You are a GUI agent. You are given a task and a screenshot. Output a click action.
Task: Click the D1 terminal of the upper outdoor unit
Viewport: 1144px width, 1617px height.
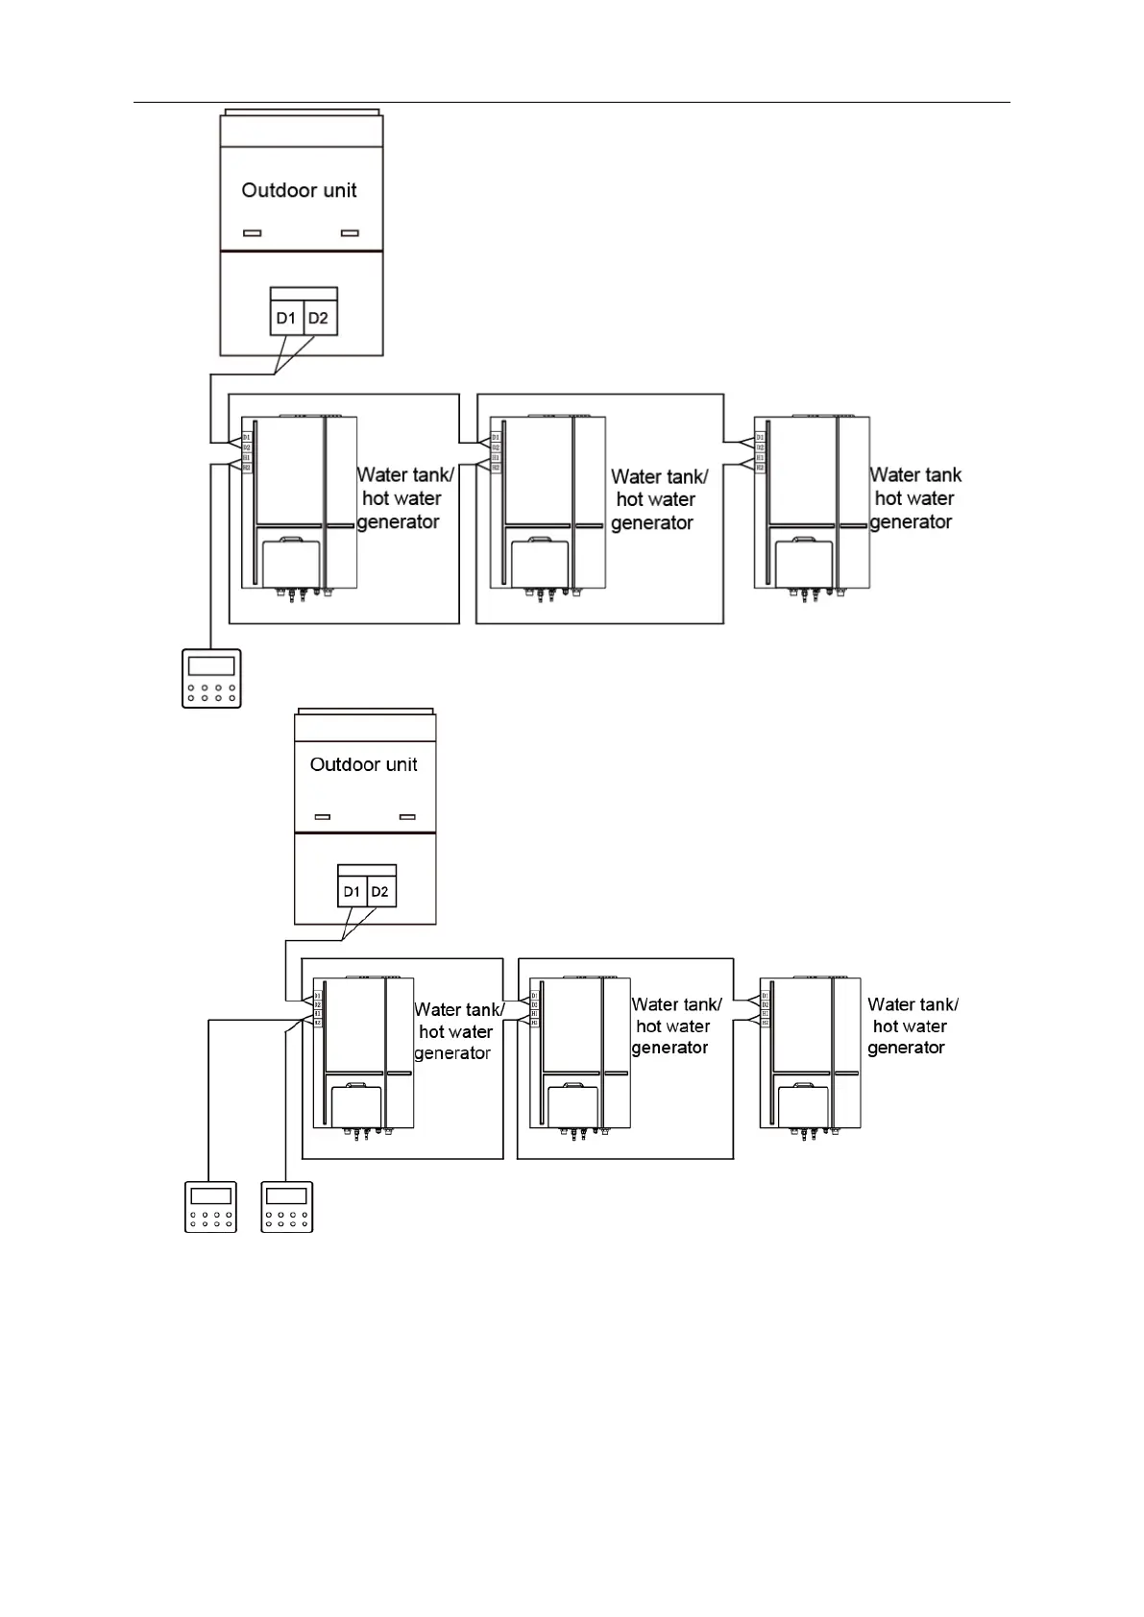click(x=286, y=318)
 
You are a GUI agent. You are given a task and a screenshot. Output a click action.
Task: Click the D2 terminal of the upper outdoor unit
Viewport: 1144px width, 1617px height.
click(x=319, y=318)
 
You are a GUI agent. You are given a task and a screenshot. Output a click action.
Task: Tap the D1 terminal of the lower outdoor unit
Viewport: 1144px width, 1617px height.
click(x=352, y=892)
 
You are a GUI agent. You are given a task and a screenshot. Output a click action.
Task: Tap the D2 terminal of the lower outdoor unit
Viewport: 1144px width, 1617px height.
click(x=380, y=892)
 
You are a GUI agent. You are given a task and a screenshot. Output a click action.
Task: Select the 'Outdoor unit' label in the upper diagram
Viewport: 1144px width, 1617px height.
click(x=299, y=190)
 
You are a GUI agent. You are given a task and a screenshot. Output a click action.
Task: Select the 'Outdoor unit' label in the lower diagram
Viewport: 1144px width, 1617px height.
click(x=363, y=764)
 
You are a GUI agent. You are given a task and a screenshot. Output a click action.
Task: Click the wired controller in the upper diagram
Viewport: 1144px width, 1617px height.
click(x=211, y=679)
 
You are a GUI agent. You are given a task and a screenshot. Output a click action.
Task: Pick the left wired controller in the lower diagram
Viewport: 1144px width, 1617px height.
click(x=210, y=1206)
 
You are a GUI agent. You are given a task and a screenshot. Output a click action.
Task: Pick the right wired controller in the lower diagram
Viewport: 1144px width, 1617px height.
click(x=287, y=1206)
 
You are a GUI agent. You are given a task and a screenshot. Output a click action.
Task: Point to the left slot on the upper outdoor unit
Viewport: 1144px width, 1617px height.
click(x=253, y=233)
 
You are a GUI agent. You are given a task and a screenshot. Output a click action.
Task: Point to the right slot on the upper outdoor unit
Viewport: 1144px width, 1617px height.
click(x=351, y=233)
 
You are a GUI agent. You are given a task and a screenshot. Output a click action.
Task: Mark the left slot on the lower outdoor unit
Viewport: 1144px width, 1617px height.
click(x=323, y=817)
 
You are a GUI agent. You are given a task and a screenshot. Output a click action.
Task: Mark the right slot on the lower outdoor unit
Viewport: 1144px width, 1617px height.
click(x=407, y=817)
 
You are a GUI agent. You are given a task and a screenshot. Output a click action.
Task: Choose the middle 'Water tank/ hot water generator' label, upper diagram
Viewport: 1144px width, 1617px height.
click(x=657, y=499)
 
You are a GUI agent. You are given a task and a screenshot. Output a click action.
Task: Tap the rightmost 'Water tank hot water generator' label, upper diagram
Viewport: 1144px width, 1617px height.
click(x=913, y=499)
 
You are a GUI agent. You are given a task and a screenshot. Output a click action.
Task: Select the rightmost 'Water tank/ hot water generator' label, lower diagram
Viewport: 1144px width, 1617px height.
click(x=911, y=1026)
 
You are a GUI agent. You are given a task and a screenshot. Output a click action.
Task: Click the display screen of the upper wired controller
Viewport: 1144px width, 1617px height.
click(x=211, y=666)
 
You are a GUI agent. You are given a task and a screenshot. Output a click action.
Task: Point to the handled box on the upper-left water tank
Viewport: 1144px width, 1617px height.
click(x=294, y=563)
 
